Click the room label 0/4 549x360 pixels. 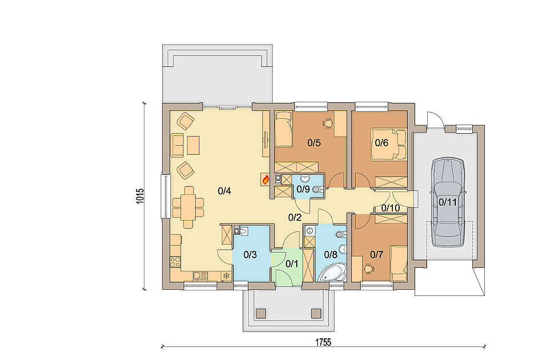pos(224,191)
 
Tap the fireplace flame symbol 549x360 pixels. pos(266,179)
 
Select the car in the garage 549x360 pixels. pos(448,202)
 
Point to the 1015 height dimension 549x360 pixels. pos(140,196)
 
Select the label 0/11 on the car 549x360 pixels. pos(448,202)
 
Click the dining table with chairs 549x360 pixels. pos(188,207)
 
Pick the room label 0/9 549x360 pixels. pos(303,189)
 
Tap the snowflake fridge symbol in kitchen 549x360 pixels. pos(226,276)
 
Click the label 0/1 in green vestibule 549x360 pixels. pos(292,264)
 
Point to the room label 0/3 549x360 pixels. pos(250,255)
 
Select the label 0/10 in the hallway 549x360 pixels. pos(391,208)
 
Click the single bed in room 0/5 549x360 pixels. pos(283,129)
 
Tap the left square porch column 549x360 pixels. pos(261,313)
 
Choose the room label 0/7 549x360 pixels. pos(377,255)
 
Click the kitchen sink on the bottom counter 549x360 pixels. pos(201,276)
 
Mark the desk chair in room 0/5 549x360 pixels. pos(328,123)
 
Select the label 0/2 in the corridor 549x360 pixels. pos(295,217)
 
